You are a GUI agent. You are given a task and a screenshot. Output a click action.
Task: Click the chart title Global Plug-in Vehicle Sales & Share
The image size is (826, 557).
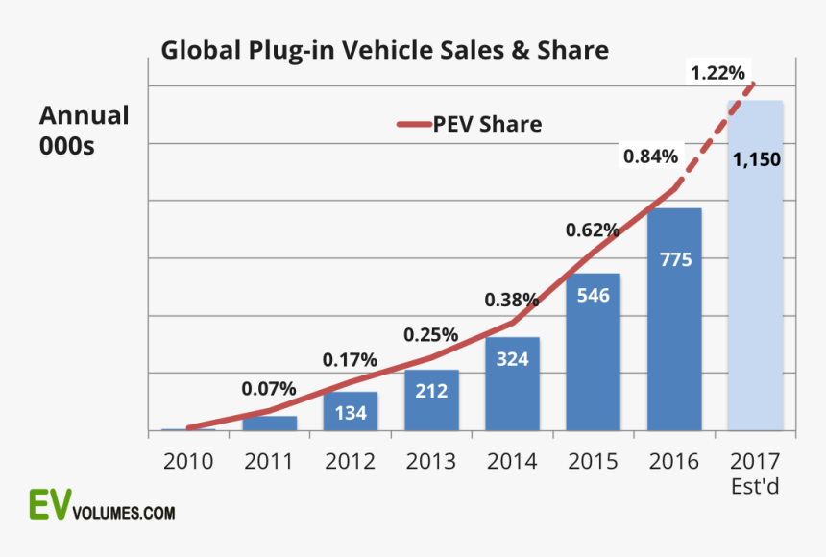384,50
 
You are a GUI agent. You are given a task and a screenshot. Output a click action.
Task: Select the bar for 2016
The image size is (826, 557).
674,327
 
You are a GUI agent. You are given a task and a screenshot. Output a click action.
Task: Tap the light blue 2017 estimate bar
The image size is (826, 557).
755,288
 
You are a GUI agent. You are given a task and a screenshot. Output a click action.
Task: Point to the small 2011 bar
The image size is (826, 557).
269,423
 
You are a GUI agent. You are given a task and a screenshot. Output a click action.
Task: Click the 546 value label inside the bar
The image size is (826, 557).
593,295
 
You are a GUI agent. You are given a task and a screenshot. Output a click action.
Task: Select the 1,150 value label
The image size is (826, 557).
756,160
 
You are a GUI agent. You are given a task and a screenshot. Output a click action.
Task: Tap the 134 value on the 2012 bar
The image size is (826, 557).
351,412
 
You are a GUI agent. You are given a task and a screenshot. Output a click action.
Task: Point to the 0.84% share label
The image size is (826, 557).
650,155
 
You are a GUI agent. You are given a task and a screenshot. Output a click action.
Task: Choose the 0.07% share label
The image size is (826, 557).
268,389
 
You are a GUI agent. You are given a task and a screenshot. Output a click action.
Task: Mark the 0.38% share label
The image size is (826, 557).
511,300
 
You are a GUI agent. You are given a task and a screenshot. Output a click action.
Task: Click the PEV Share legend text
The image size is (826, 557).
487,124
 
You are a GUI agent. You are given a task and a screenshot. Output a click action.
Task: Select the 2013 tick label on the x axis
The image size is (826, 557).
431,460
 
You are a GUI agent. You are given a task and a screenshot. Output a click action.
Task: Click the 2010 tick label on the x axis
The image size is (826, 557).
188,460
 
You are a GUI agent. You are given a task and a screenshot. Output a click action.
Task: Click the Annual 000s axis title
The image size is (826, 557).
84,130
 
